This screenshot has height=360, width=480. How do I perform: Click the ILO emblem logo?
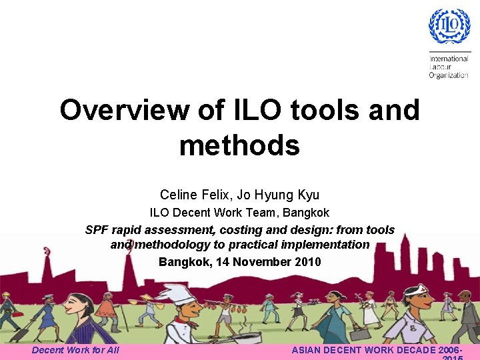pyautogui.click(x=449, y=27)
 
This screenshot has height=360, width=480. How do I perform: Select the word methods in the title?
pyautogui.click(x=239, y=145)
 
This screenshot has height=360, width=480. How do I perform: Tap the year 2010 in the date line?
pyautogui.click(x=307, y=262)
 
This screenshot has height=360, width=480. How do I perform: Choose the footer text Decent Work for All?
pyautogui.click(x=75, y=350)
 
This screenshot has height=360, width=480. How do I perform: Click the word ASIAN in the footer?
pyautogui.click(x=311, y=350)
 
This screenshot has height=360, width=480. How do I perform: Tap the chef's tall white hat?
pyautogui.click(x=175, y=293)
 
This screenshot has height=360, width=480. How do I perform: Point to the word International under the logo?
pyautogui.click(x=449, y=59)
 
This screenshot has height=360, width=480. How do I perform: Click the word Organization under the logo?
pyautogui.click(x=449, y=75)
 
